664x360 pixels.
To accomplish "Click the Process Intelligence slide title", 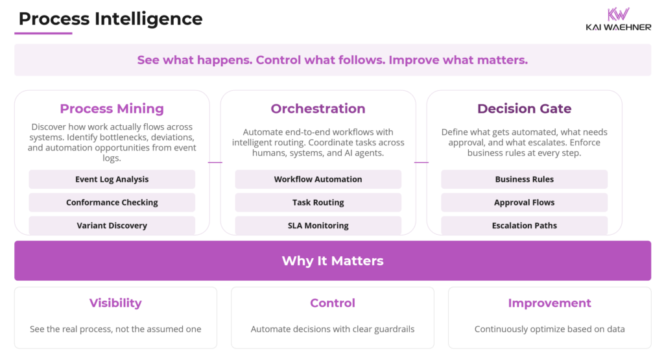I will coord(110,19).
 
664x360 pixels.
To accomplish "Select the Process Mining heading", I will coord(112,108).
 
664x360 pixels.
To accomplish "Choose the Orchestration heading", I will coord(318,108).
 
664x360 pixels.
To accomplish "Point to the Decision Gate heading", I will coord(524,108).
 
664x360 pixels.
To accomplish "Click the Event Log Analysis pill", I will coord(112,179).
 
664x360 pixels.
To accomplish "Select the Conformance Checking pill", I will coord(112,202).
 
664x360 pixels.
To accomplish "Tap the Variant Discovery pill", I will coord(112,225).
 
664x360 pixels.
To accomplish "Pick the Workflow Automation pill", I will coord(318,179).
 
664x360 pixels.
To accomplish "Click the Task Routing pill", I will coord(318,202).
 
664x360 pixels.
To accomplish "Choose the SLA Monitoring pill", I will coord(318,225).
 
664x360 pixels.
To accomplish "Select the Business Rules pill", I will coord(524,179).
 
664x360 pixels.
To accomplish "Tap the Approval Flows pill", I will coord(524,202).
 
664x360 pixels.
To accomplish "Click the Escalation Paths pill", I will coord(524,225).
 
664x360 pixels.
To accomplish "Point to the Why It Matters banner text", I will coord(333,261).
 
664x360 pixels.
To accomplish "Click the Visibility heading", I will coord(115,303).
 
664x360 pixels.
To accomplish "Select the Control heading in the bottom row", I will coord(333,303).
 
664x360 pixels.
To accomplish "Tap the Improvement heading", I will coord(549,303).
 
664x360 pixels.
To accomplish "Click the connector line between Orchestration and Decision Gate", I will coord(421,162).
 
